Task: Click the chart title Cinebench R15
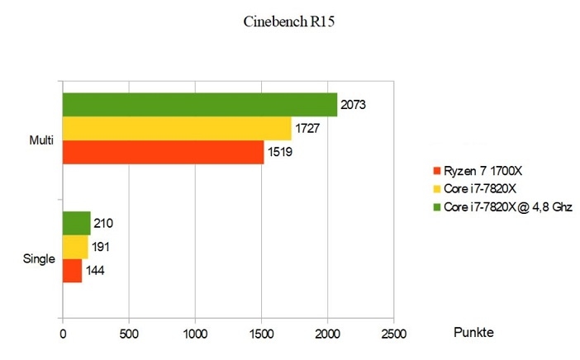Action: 289,21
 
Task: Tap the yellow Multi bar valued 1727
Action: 177,129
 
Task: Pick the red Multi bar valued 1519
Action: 163,153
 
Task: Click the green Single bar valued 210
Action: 77,223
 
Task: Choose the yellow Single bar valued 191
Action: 75,247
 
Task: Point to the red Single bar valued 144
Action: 73,271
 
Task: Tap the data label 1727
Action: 307,129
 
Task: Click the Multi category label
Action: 41,140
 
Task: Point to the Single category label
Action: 39,258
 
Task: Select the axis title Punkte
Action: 474,332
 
